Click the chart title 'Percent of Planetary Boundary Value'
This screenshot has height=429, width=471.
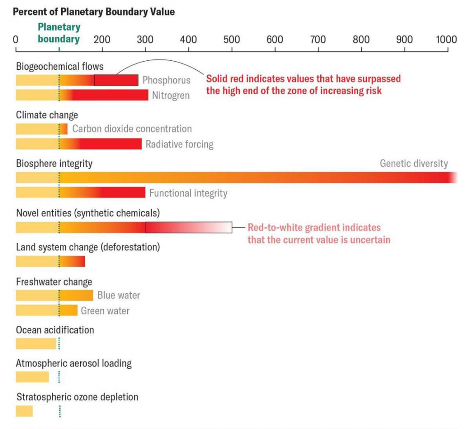[94, 12]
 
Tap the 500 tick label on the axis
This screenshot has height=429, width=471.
[232, 39]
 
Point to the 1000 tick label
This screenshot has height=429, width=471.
[446, 39]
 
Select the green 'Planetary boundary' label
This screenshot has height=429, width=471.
[59, 33]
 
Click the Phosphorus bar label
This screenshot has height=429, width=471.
[166, 81]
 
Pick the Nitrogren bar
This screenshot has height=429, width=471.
[82, 95]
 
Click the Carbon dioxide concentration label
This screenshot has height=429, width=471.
[132, 129]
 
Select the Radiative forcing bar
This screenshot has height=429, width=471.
[79, 144]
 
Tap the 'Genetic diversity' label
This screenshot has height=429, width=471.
[414, 164]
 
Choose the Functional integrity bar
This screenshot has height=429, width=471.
[81, 192]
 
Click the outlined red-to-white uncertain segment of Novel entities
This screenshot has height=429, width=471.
[188, 228]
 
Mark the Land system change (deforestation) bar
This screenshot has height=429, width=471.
[50, 261]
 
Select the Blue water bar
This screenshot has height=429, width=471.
[54, 296]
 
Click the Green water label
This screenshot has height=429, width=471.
[105, 311]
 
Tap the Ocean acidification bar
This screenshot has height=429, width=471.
[36, 344]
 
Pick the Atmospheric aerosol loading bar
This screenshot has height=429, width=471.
[32, 377]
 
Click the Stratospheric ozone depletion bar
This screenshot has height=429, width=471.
[24, 411]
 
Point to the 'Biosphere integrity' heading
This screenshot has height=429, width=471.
[54, 164]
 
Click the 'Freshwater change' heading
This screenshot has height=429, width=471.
[54, 282]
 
